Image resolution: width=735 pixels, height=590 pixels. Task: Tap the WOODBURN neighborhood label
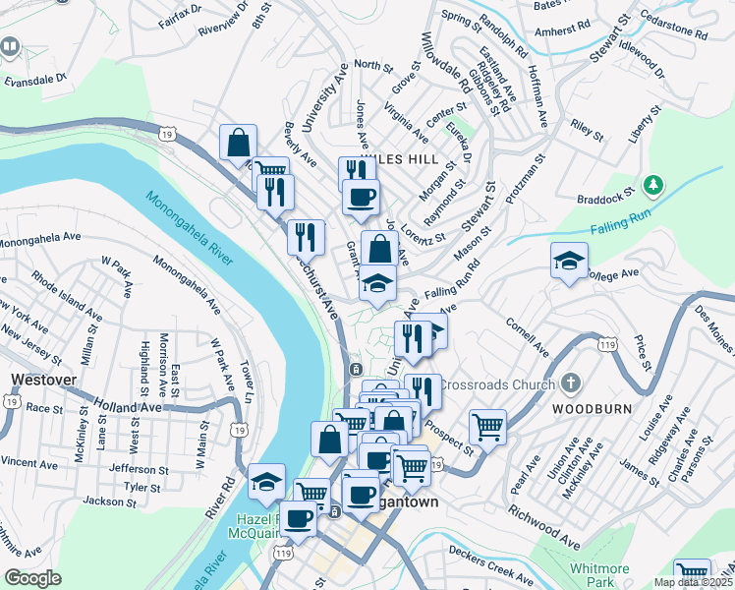coord(585,407)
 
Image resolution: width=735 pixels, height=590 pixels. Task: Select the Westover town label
coord(37,379)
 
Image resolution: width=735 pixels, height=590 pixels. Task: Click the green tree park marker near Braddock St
coord(652,185)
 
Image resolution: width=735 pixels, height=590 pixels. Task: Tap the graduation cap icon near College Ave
coord(569,261)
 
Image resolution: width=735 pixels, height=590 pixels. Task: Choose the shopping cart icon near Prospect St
coord(487,427)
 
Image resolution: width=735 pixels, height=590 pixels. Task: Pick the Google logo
coord(32,578)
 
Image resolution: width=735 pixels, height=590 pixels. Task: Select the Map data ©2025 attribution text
coord(693,582)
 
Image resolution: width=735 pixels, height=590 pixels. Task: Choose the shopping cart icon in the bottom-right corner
coord(693,573)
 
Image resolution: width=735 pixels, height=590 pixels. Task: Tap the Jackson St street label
coord(109,501)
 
